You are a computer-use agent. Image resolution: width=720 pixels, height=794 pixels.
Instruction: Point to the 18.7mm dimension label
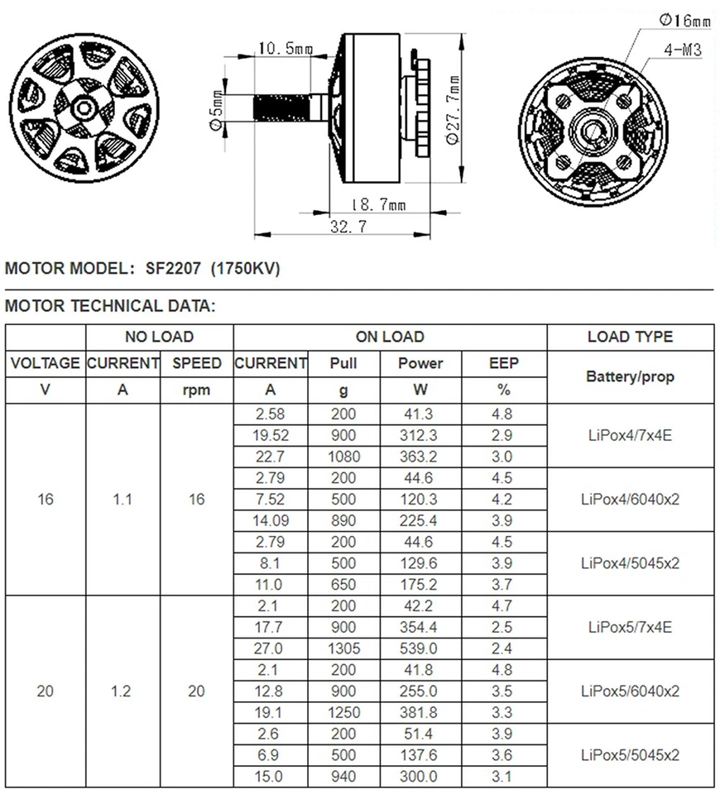pyautogui.click(x=377, y=204)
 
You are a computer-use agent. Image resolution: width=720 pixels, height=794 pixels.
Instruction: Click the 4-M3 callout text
pyautogui.click(x=683, y=50)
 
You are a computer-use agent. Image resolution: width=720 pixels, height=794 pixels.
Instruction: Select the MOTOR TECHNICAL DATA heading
pyautogui.click(x=110, y=306)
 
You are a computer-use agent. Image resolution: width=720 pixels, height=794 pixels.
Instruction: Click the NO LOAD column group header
pyautogui.click(x=159, y=337)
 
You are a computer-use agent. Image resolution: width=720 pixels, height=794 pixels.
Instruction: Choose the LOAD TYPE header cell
pyautogui.click(x=630, y=337)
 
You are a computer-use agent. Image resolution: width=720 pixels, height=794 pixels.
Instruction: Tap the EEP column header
pyautogui.click(x=503, y=363)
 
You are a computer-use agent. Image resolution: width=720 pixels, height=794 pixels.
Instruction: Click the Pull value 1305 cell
pyautogui.click(x=343, y=648)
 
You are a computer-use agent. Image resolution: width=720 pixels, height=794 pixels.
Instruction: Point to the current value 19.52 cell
pyautogui.click(x=270, y=434)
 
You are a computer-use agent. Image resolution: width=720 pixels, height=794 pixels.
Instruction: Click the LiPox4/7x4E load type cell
pyautogui.click(x=630, y=434)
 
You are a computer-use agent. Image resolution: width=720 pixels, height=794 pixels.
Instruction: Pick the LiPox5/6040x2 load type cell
pyautogui.click(x=630, y=691)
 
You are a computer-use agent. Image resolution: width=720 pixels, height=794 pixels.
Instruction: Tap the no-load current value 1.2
pyautogui.click(x=122, y=691)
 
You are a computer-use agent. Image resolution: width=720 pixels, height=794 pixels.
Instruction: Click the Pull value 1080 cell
pyautogui.click(x=343, y=456)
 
